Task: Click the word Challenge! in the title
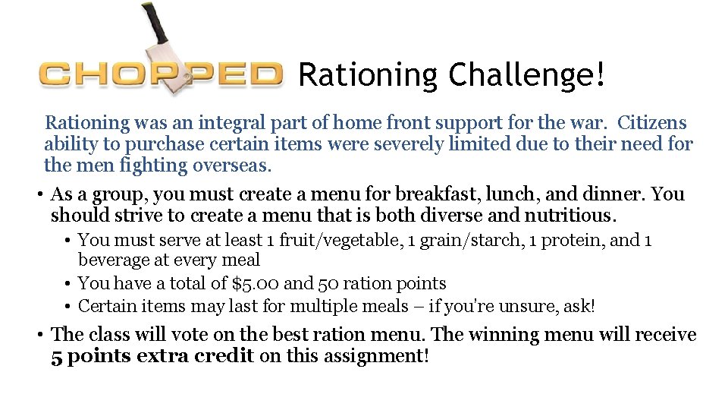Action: (528, 75)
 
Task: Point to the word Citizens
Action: (652, 123)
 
